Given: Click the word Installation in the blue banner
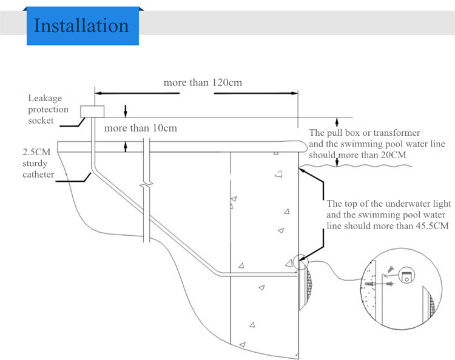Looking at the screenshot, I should (x=81, y=25).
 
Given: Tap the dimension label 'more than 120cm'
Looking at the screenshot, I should (x=202, y=82).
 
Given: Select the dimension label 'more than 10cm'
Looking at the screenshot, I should (x=140, y=128).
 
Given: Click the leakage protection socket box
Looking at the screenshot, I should (x=93, y=111).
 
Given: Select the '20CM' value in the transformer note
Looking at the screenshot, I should (x=389, y=155).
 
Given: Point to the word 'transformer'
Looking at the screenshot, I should (x=394, y=133).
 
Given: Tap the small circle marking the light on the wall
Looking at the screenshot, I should (x=299, y=262).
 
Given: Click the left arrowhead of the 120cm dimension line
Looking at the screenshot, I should (x=99, y=93).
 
